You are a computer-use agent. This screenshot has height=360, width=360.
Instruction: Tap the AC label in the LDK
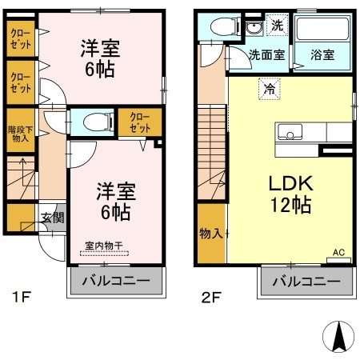pos(338,253)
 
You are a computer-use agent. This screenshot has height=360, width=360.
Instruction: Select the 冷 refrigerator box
pos(271,89)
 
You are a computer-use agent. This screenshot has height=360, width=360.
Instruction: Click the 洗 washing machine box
pos(275,26)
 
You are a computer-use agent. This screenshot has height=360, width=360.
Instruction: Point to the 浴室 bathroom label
pos(323,57)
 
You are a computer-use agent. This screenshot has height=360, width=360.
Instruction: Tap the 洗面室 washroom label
pos(265,57)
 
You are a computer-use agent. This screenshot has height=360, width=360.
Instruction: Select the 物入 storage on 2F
pos(211,234)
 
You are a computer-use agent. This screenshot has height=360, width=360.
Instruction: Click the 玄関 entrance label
pos(52,216)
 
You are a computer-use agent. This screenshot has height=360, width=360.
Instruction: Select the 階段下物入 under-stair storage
pos(20,133)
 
